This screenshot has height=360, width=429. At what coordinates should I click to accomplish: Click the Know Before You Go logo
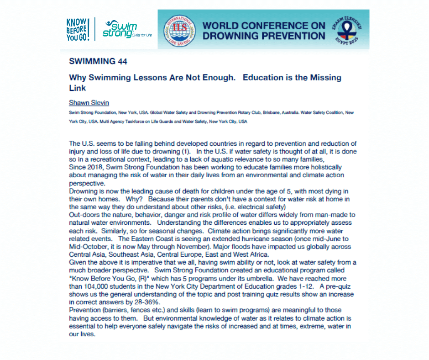78,30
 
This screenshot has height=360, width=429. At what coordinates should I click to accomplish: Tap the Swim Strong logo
122,29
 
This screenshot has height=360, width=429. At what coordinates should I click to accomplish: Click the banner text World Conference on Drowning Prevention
264,30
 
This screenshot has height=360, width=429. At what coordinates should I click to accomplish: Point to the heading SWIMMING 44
98,61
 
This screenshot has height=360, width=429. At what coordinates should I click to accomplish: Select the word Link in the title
77,87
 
